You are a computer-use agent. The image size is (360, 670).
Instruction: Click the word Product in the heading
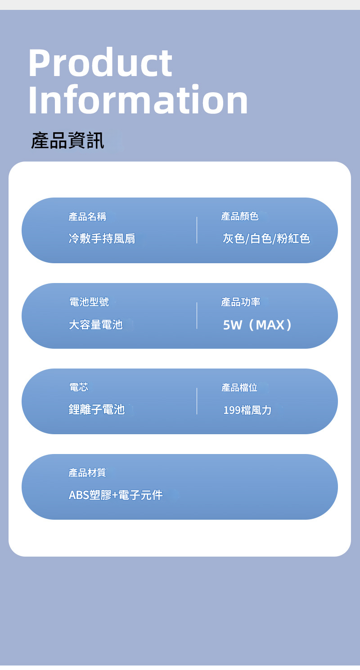(x=100, y=63)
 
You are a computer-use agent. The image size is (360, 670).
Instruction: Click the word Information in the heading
(x=138, y=100)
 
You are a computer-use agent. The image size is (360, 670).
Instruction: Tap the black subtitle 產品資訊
(x=67, y=141)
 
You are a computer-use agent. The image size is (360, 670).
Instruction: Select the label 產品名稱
(x=87, y=217)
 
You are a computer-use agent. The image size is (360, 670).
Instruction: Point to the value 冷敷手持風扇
(x=102, y=238)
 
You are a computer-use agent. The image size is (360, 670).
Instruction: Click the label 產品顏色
(x=240, y=217)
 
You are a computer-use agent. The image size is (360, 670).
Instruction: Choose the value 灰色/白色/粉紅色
(x=266, y=238)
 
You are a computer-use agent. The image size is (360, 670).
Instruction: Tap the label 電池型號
(x=89, y=302)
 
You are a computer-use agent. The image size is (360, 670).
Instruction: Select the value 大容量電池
(x=95, y=324)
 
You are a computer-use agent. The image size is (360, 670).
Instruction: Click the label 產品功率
(x=241, y=302)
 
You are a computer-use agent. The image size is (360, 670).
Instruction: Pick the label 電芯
(x=78, y=387)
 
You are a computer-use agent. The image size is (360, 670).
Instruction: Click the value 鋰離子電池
(x=96, y=410)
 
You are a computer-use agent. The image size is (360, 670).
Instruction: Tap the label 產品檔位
(x=239, y=387)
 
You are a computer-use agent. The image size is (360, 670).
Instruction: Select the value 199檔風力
(x=247, y=410)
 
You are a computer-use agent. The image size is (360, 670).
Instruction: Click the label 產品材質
(x=87, y=473)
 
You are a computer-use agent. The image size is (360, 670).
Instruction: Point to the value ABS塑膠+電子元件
(x=116, y=495)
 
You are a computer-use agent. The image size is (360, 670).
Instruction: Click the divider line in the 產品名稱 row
(x=197, y=230)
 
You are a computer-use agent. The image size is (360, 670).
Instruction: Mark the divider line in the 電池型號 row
(x=197, y=315)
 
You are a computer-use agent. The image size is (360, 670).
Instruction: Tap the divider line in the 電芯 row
(x=197, y=401)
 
